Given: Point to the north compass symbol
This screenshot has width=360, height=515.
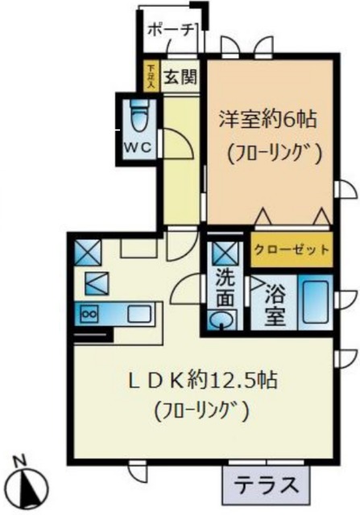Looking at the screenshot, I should [31, 486].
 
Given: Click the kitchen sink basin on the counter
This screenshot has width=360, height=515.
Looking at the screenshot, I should [134, 313].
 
